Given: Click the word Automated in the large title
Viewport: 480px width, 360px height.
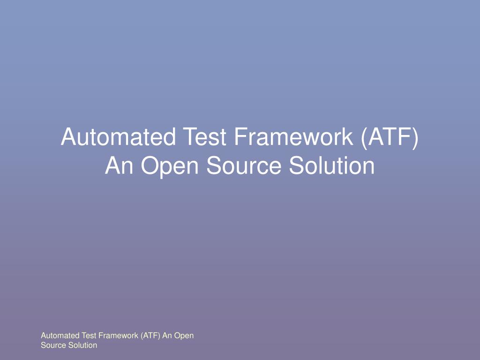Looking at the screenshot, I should point(118,137).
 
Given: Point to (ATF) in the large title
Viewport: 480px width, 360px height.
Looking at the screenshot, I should point(389,137).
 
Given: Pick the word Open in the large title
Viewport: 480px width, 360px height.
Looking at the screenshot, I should point(168,166).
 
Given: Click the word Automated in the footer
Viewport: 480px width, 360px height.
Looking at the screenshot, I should point(60,336).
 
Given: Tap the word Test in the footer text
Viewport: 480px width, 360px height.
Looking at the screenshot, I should point(89,336).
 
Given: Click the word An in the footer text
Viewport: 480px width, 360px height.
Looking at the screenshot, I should point(167,336).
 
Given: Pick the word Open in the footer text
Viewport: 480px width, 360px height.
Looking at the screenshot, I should point(185,336).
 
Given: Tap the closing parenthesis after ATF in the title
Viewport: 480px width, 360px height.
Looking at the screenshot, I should point(414,137).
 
